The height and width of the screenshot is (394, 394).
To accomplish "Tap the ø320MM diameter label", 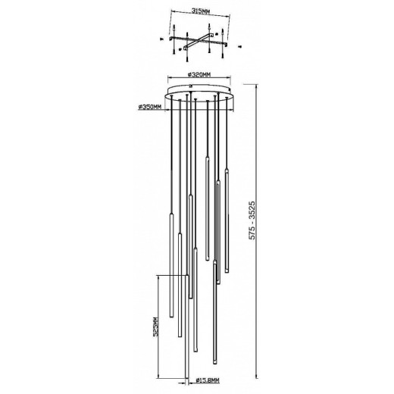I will [x=198, y=75].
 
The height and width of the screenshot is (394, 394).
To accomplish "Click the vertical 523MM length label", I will [x=155, y=330].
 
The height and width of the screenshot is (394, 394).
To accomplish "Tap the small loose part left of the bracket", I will [x=161, y=38].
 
